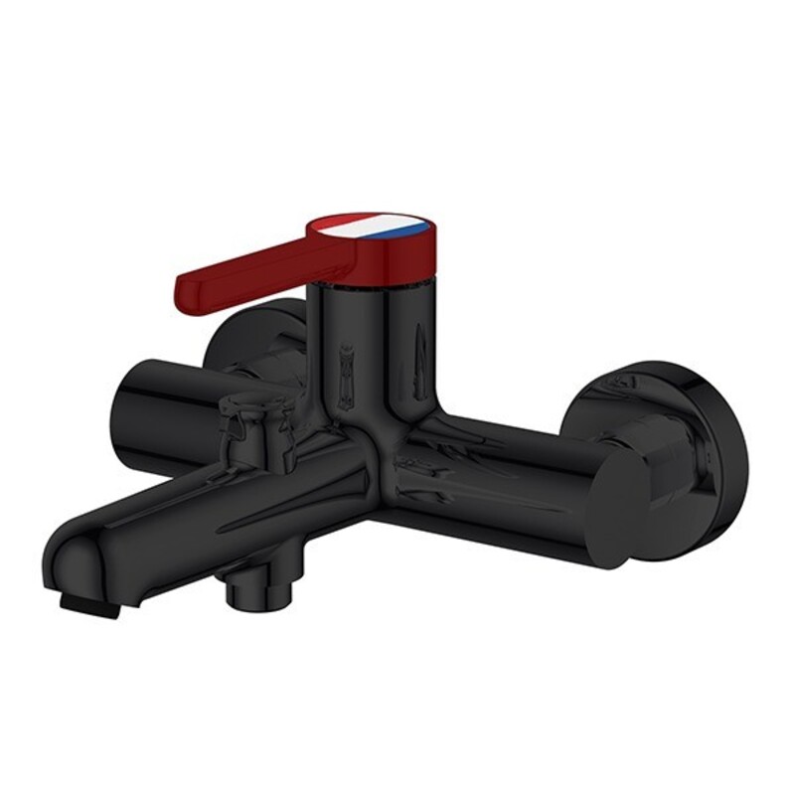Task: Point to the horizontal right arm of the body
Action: (x=497, y=477)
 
